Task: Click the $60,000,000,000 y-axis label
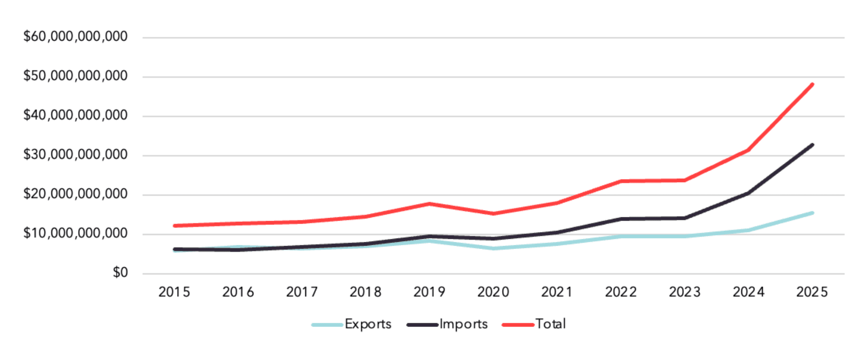click(x=75, y=37)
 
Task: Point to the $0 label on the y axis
click(x=120, y=273)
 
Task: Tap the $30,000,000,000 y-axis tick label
click(x=75, y=155)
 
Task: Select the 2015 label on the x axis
click(x=174, y=292)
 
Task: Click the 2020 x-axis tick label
click(x=493, y=292)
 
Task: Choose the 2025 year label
click(x=812, y=292)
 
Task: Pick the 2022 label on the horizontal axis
click(x=621, y=292)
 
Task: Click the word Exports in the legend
click(x=368, y=324)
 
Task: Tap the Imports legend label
click(x=464, y=324)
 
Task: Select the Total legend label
click(x=550, y=324)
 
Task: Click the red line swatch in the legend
click(x=517, y=325)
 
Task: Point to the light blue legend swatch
click(x=327, y=325)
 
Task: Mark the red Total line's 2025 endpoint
click(x=812, y=84)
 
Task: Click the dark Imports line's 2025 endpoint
click(x=812, y=145)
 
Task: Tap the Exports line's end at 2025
click(x=812, y=213)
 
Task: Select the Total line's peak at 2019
click(x=429, y=204)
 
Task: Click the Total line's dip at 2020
click(x=493, y=213)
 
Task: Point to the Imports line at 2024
click(x=748, y=193)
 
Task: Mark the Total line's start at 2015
click(x=174, y=226)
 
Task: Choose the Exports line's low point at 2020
click(x=493, y=248)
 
